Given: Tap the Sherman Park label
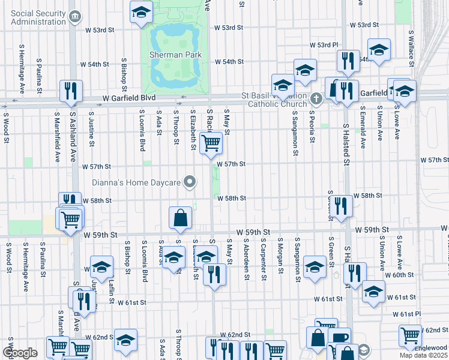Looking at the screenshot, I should point(175,55).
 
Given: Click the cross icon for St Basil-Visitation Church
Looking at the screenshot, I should point(316,97).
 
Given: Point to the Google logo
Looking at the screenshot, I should point(20,353).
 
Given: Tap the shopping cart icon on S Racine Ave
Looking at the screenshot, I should point(211,143).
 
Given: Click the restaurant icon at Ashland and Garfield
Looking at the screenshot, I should point(71,91).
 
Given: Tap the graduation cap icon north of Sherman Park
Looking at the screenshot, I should point(141,11).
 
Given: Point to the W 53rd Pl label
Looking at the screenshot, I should point(324,45).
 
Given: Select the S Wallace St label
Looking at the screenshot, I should point(411,45).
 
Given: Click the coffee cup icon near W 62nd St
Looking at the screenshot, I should point(339,338).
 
